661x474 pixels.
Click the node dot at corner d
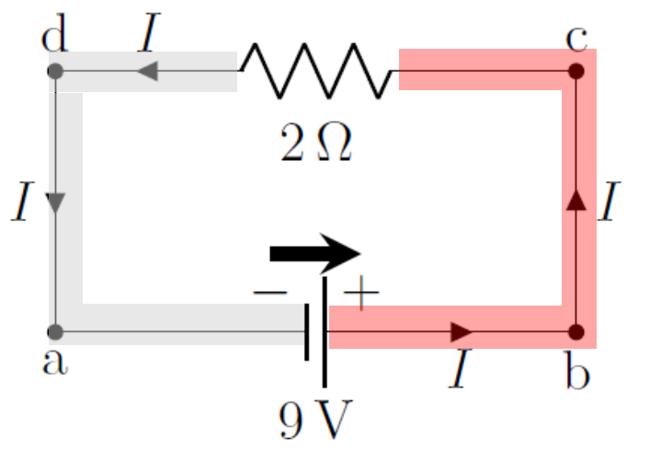(55, 70)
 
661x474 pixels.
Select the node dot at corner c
(576, 70)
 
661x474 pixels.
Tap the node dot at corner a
(55, 330)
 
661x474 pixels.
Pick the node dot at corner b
(576, 330)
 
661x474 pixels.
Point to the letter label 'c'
(577, 39)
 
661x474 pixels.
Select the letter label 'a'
(55, 362)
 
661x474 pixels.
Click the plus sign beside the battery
(359, 295)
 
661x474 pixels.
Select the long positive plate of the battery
(325, 331)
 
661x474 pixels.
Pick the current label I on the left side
(23, 202)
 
